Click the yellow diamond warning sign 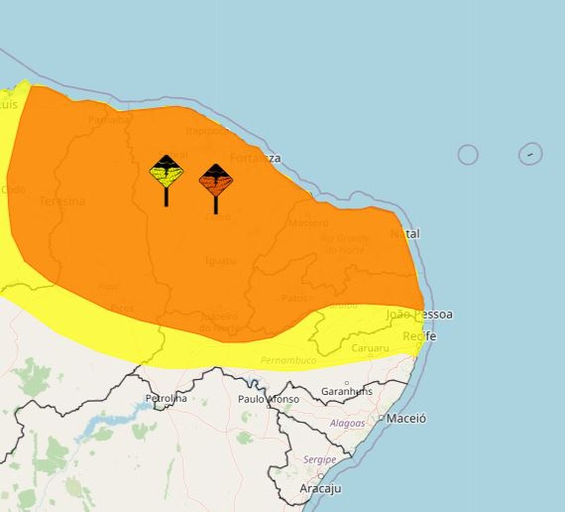(x=167, y=172)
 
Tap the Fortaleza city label (x=256, y=158)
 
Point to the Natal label (x=405, y=234)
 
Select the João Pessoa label (x=419, y=314)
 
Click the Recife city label (x=419, y=336)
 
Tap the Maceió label (x=406, y=419)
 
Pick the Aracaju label (x=320, y=488)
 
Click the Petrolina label (x=166, y=398)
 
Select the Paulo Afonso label (x=269, y=399)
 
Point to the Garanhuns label (x=347, y=391)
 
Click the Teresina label (x=62, y=201)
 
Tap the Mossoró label (x=308, y=223)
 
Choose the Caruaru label (x=370, y=348)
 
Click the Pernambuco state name (x=289, y=360)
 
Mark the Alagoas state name (x=347, y=424)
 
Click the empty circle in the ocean (x=468, y=155)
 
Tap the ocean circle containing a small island (x=530, y=154)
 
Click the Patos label (x=294, y=298)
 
